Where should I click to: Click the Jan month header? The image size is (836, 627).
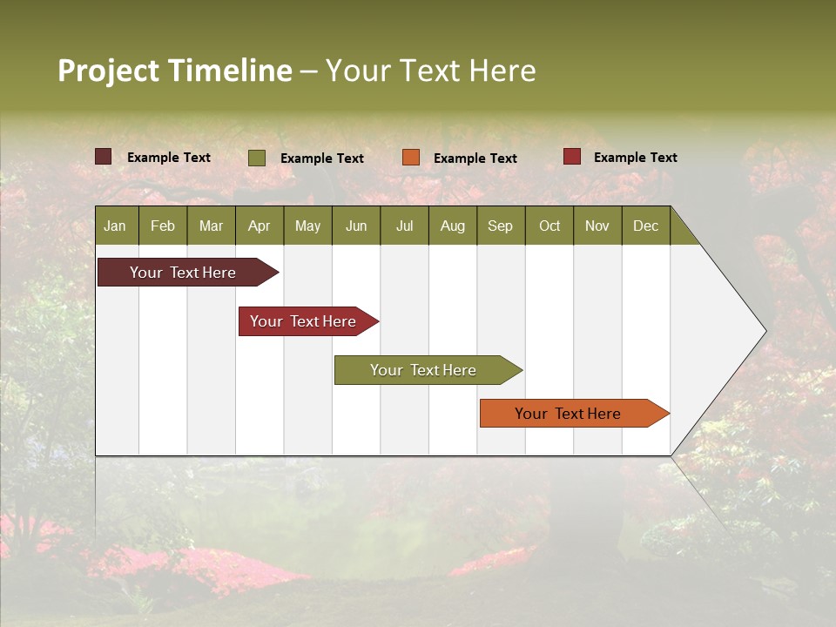pos(115,226)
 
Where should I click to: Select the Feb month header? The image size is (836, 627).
pos(163,226)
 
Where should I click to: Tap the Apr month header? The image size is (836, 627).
pos(259,226)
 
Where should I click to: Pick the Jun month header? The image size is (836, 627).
pos(356,226)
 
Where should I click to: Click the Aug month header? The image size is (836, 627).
pos(452,226)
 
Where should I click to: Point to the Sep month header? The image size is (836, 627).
pos(500,226)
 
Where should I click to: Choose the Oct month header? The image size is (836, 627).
pos(549,226)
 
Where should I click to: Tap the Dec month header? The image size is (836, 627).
pos(645,226)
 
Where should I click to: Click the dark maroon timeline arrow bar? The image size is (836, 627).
pos(183,273)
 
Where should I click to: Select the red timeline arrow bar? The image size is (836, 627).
pos(303,321)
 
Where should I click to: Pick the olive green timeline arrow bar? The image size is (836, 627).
pos(423,370)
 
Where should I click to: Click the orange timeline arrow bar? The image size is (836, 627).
pos(568,414)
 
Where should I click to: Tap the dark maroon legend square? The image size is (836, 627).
pos(103,157)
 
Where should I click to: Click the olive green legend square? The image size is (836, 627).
pos(257,158)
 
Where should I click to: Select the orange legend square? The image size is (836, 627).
pos(411,158)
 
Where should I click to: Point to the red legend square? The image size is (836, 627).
pos(571,157)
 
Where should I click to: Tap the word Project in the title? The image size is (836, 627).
pos(108,71)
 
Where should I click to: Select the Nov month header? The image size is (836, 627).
pos(597,226)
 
